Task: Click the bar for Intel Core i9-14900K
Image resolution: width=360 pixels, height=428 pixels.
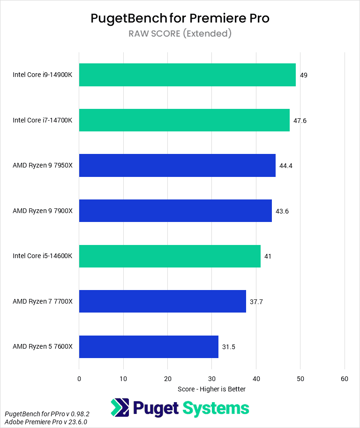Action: coord(187,75)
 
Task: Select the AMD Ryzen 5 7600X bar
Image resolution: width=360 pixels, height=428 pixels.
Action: coord(149,347)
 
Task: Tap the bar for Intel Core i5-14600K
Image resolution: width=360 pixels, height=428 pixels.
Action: coord(170,256)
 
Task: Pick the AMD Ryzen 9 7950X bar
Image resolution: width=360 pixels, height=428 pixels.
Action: coord(177,166)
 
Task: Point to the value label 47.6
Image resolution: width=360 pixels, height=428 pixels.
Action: coord(300,121)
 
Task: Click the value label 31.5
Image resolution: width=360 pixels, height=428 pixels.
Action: coord(229,347)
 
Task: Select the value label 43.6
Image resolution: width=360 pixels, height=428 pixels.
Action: coord(282,211)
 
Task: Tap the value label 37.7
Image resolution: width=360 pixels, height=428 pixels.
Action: coord(256,302)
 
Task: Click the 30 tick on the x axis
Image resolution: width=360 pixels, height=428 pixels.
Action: coord(212,378)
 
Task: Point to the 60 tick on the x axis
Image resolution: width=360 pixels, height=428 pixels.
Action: coord(345,378)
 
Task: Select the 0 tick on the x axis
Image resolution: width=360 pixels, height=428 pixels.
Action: coord(79,378)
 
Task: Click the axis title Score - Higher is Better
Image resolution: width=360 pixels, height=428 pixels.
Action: coord(212,389)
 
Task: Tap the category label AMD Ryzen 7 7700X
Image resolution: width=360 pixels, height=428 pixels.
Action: coord(43,302)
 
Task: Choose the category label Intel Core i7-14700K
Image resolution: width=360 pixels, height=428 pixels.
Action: coord(43,121)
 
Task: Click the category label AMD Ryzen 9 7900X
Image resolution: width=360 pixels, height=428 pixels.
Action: coord(43,211)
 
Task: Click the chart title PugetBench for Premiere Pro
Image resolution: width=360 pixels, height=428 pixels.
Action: coord(180,18)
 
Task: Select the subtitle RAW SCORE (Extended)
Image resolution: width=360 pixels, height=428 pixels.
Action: coord(180,33)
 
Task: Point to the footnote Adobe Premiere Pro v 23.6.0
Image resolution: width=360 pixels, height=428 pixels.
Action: coord(46,422)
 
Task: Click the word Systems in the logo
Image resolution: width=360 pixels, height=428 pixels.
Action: coord(216,408)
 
